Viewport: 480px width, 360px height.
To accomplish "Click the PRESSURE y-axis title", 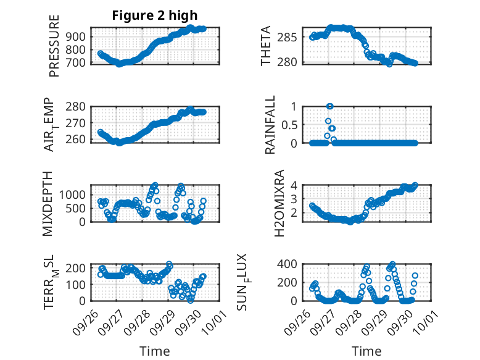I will pyautogui.click(x=54, y=46).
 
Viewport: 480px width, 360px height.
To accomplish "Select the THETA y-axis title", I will pyautogui.click(x=267, y=46).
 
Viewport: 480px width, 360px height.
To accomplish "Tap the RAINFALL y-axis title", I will pyautogui.click(x=270, y=124).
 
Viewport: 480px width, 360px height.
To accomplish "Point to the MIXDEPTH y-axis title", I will pyautogui.click(x=48, y=203).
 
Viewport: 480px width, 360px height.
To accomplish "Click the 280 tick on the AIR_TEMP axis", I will pyautogui.click(x=77, y=106).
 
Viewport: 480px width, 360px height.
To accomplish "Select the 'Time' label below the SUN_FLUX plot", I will pyautogui.click(x=367, y=351).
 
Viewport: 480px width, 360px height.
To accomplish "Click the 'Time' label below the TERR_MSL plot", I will pyautogui.click(x=155, y=351).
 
